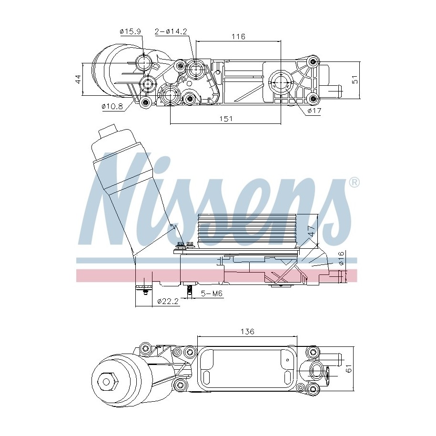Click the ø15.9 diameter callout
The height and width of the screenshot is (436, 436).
(x=130, y=31)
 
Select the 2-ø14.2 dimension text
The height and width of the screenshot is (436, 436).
(x=171, y=32)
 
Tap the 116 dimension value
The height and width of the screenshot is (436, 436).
(x=239, y=36)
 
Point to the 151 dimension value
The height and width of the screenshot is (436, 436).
(x=226, y=119)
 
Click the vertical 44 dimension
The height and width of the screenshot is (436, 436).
(x=78, y=79)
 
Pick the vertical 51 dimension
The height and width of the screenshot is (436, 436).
(x=355, y=79)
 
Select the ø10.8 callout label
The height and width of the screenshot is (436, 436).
(x=112, y=106)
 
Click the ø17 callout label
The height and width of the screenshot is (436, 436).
(x=314, y=111)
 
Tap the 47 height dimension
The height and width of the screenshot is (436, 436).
(x=312, y=231)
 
